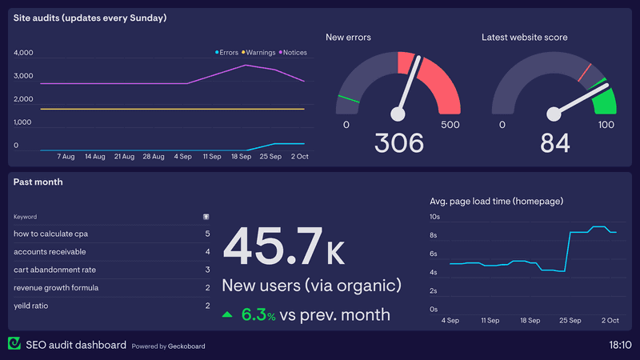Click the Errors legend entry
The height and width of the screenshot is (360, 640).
tap(227, 53)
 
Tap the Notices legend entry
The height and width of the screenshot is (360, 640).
tap(293, 53)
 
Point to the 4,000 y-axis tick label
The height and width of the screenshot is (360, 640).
tap(23, 53)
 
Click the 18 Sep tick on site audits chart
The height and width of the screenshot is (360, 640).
tap(242, 157)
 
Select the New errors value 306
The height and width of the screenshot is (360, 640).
tap(399, 143)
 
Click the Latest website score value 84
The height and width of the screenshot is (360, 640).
tap(555, 143)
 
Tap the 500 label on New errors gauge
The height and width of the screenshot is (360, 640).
tap(450, 125)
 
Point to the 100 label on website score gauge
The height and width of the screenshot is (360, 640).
tap(606, 125)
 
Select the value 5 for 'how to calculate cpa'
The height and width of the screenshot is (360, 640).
tap(207, 234)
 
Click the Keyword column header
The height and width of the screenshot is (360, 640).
tap(25, 216)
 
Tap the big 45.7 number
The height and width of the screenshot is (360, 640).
tap(272, 246)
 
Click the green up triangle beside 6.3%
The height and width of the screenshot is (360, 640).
tap(228, 315)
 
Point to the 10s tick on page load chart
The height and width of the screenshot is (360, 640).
tap(435, 217)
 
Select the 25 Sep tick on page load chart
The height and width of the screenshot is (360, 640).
tap(570, 320)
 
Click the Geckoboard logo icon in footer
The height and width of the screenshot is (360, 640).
tap(14, 344)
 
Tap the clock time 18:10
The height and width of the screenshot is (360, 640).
tap(619, 345)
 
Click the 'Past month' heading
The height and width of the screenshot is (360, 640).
tap(38, 182)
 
